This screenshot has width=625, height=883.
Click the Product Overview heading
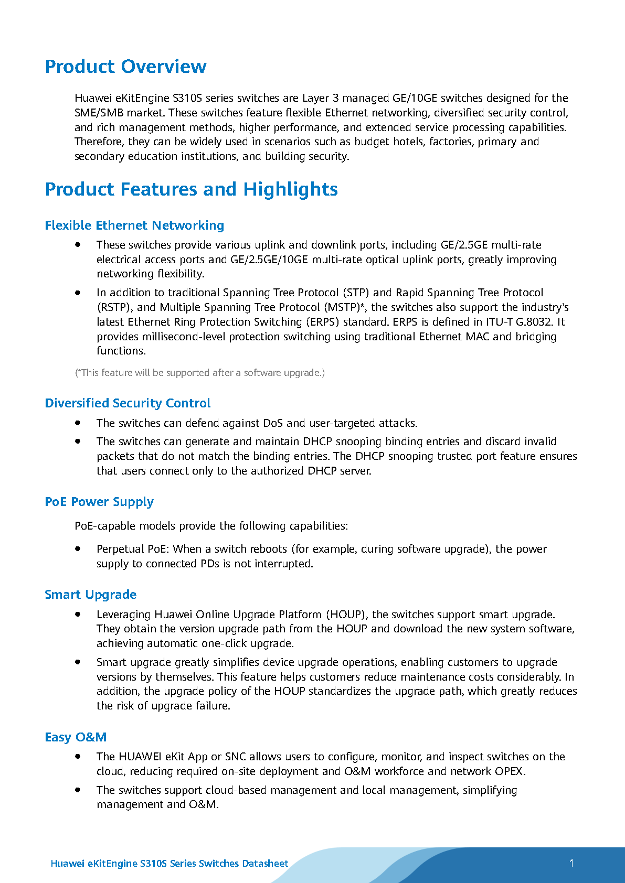pos(125,67)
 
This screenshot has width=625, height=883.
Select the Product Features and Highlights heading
pos(191,189)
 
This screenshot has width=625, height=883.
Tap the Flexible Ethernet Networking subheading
pos(134,225)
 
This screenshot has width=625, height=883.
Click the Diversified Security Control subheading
pos(128,403)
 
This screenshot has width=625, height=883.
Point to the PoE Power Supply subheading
pos(99,502)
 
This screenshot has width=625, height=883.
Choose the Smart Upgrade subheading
pos(90,595)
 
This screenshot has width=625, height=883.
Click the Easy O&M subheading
pos(76,737)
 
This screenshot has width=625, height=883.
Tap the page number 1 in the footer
pos(571,863)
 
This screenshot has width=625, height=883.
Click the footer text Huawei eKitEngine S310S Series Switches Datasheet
pos(169,864)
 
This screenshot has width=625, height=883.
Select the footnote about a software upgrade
pos(199,373)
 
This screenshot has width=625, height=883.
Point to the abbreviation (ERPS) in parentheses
pos(358,322)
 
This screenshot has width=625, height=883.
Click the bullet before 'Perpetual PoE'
pos(78,549)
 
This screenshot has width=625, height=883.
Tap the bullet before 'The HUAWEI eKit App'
pos(78,757)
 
